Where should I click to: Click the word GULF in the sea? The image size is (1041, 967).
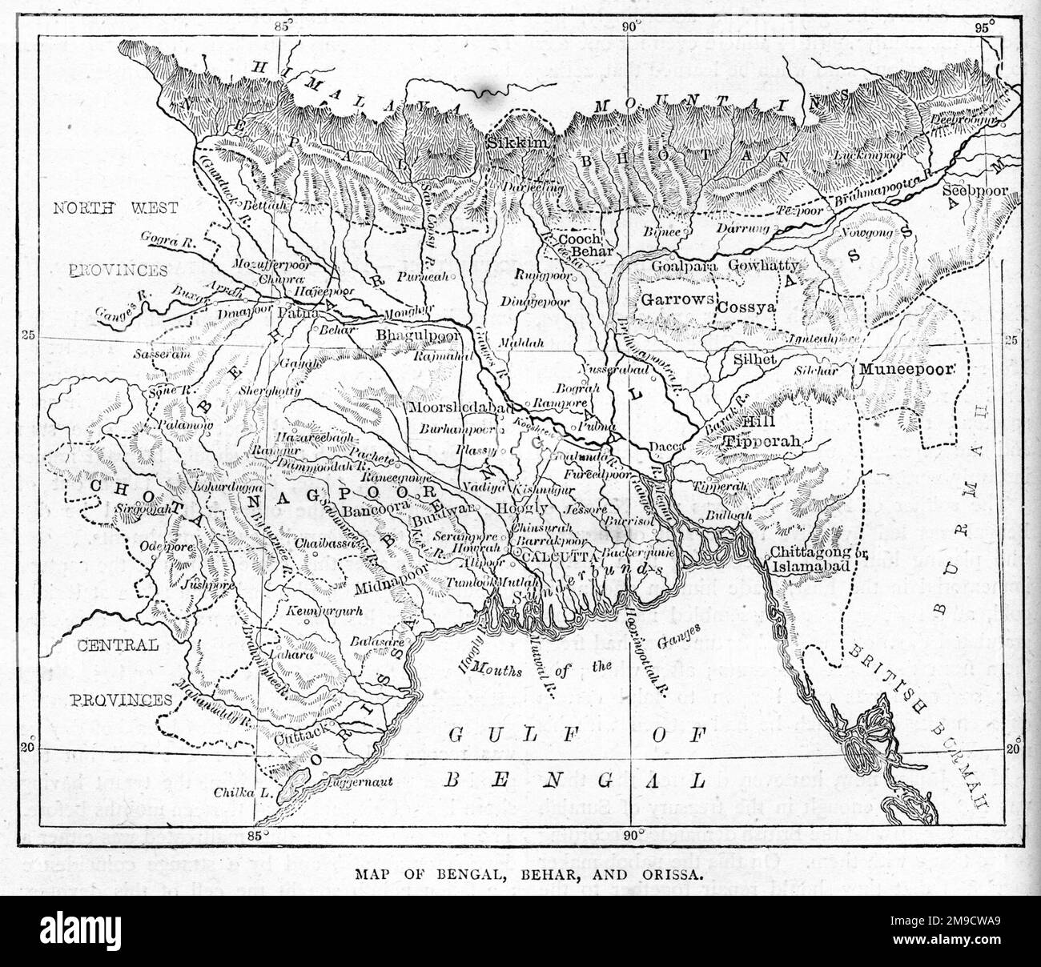point(486,736)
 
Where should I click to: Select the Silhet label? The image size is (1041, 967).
point(755,360)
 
